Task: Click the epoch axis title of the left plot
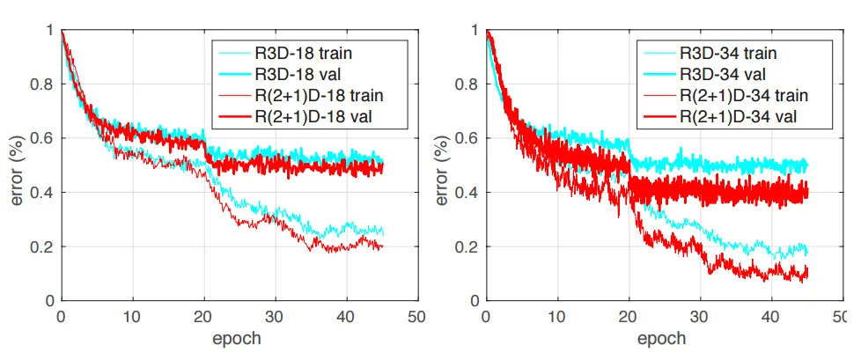(x=238, y=339)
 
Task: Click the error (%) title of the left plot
(x=19, y=165)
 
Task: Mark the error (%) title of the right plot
(x=444, y=165)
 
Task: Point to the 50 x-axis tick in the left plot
(x=417, y=316)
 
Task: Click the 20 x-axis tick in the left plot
(x=203, y=316)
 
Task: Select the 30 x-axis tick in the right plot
(x=700, y=316)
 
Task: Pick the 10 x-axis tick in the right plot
(x=557, y=316)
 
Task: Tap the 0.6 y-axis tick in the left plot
(x=43, y=138)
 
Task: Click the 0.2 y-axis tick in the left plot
(x=43, y=246)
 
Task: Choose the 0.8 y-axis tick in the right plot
(x=467, y=84)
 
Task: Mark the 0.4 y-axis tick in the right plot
(x=467, y=193)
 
